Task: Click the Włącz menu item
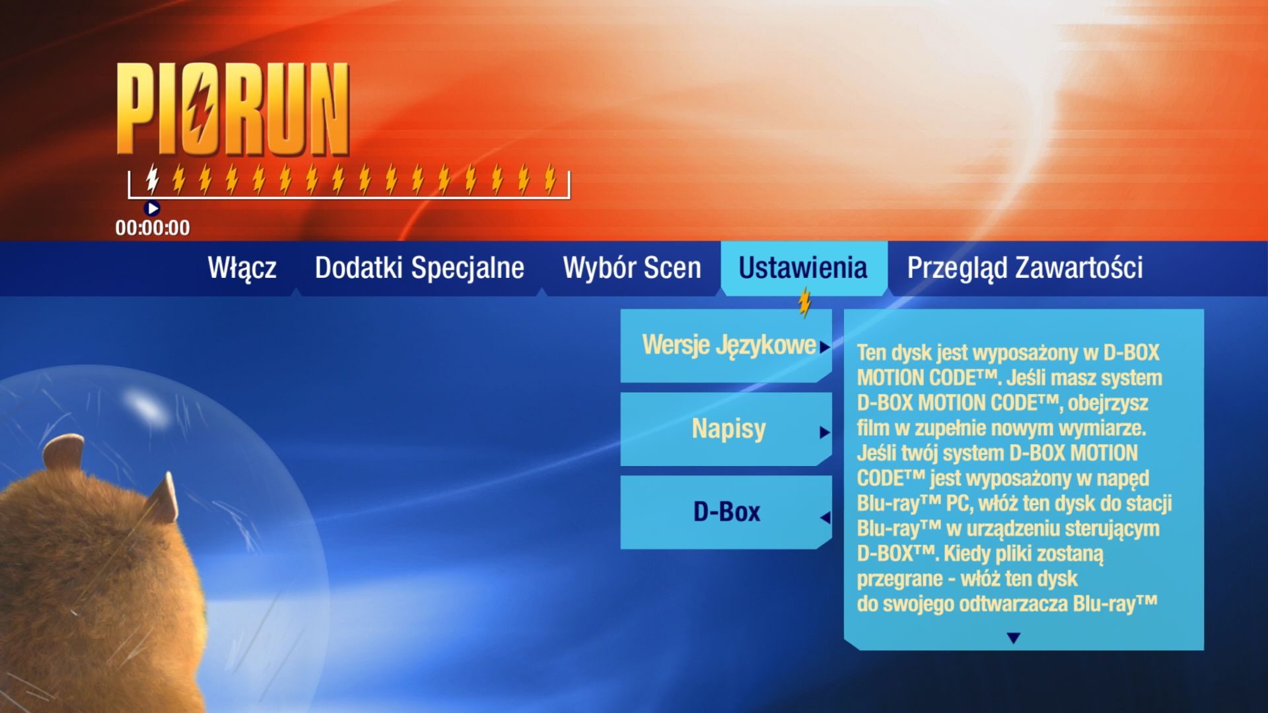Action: (x=242, y=268)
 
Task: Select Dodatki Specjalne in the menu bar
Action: (x=419, y=268)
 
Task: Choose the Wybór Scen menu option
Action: (x=632, y=268)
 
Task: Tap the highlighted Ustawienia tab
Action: (x=803, y=268)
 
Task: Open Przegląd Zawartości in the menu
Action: (x=1025, y=268)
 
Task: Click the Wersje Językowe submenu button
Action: (x=726, y=345)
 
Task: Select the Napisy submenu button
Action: (x=726, y=429)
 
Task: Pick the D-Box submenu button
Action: (x=726, y=512)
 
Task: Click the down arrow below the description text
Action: (x=1014, y=638)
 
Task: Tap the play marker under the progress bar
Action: (x=152, y=209)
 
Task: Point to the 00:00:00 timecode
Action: (x=153, y=228)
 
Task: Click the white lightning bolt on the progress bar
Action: (x=153, y=178)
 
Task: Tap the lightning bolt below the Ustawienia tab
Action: (x=804, y=303)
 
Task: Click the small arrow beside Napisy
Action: (x=824, y=432)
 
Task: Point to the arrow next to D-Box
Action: (x=825, y=518)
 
